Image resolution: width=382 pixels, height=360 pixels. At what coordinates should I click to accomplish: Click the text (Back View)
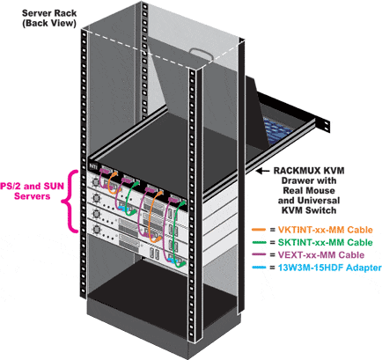tap(35, 22)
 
